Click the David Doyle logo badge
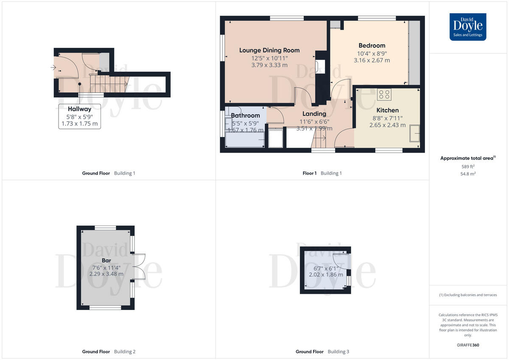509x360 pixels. tap(468, 27)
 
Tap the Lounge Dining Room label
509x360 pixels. tap(269, 50)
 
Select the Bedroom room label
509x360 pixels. tap(372, 45)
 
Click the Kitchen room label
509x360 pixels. tap(387, 110)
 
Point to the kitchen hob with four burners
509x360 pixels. tap(384, 94)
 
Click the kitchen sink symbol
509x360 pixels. tap(414, 133)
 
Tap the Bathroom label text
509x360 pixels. tap(245, 115)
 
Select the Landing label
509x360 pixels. tap(314, 114)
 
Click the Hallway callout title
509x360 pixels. tap(79, 109)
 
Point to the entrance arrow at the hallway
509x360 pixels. tap(53, 67)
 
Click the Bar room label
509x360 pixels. tap(106, 260)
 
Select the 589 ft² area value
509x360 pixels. tap(468, 167)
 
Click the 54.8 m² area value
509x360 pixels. tap(468, 174)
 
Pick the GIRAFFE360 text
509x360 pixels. tap(468, 345)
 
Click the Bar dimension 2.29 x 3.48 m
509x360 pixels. tap(106, 274)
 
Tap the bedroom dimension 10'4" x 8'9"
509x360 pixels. tap(372, 53)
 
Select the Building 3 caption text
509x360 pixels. tap(338, 352)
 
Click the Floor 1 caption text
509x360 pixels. tap(309, 173)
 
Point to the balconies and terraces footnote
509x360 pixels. tap(468, 295)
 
